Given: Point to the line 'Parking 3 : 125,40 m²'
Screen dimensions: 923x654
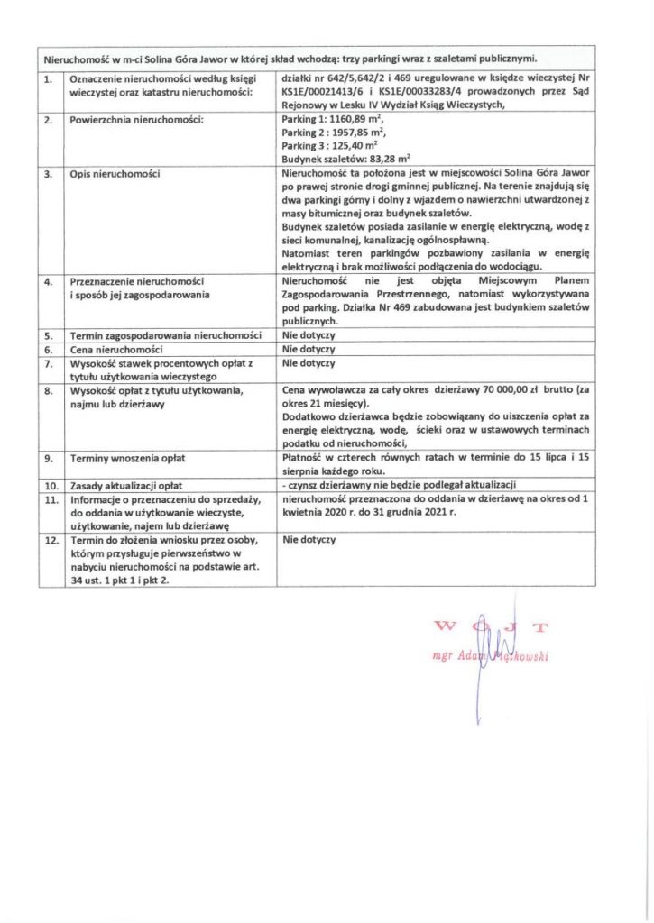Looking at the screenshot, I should coord(329,144).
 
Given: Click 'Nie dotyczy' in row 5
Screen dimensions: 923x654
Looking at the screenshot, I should coord(309,334).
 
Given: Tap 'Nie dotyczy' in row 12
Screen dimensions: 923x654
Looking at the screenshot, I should coord(309,539).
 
